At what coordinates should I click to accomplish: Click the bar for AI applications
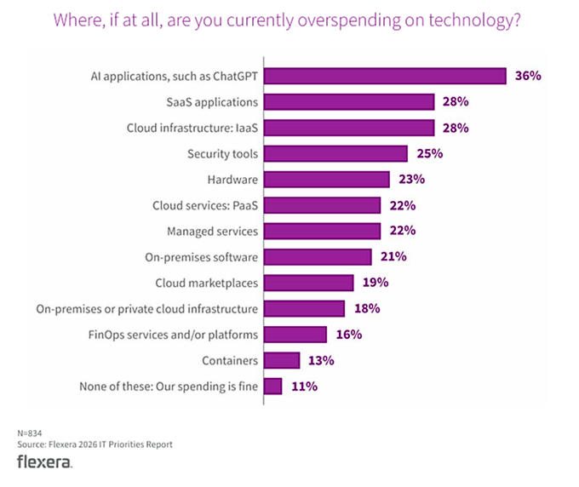(385, 77)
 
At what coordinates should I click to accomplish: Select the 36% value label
(528, 77)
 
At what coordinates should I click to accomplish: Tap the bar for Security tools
(335, 154)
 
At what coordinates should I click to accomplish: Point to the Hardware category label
(232, 180)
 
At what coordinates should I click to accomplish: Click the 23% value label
(411, 180)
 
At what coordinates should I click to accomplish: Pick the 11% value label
(304, 387)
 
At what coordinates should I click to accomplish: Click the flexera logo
(44, 461)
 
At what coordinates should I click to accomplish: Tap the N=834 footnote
(30, 433)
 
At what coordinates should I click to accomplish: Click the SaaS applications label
(213, 102)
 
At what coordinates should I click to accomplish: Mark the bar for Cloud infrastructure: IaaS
(349, 128)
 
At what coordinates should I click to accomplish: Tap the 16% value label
(348, 335)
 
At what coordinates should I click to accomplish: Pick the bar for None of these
(272, 387)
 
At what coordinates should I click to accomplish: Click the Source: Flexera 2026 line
(95, 444)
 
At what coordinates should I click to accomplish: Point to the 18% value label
(366, 308)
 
